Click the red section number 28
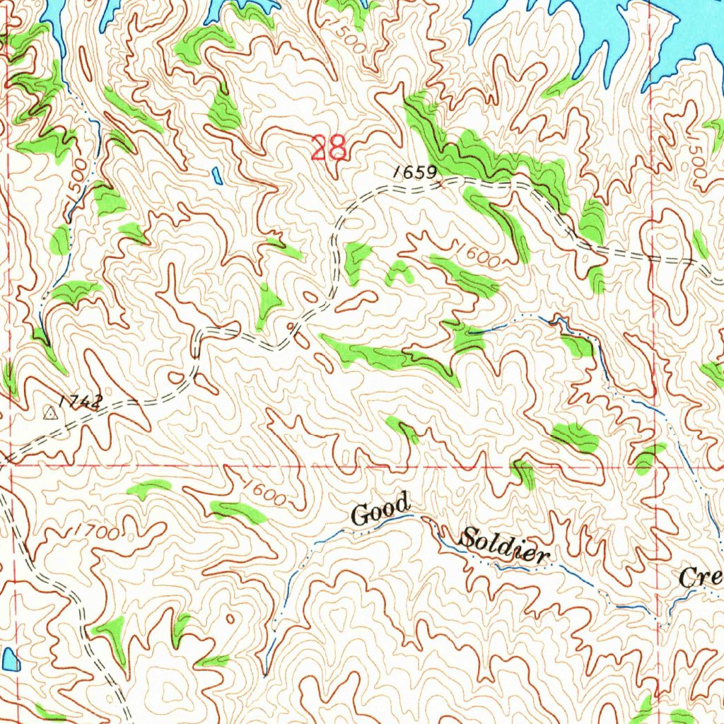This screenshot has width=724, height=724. point(329,148)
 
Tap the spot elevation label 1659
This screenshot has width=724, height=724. point(414,172)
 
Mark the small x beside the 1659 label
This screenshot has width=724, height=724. point(443,185)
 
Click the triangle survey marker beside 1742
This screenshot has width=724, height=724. point(50,411)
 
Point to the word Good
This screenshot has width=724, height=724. point(380,510)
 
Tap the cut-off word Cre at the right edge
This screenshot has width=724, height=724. point(700,577)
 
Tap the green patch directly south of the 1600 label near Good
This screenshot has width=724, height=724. point(239,510)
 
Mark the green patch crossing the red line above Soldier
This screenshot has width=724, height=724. point(524,472)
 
